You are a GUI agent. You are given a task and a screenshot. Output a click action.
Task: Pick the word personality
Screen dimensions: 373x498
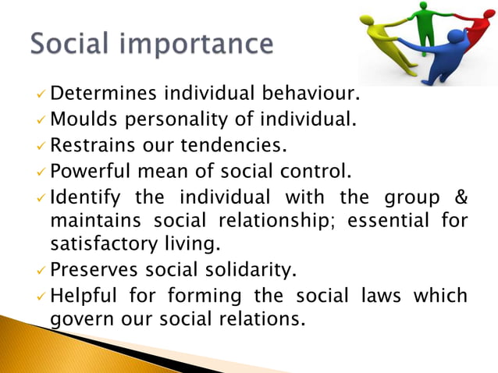click(x=177, y=121)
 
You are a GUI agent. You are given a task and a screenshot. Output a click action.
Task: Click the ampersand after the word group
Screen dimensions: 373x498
click(x=459, y=194)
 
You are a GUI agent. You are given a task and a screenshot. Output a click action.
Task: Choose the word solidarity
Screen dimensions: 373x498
click(x=254, y=269)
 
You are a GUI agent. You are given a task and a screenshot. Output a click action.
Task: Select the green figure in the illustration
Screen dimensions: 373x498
click(x=425, y=23)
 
